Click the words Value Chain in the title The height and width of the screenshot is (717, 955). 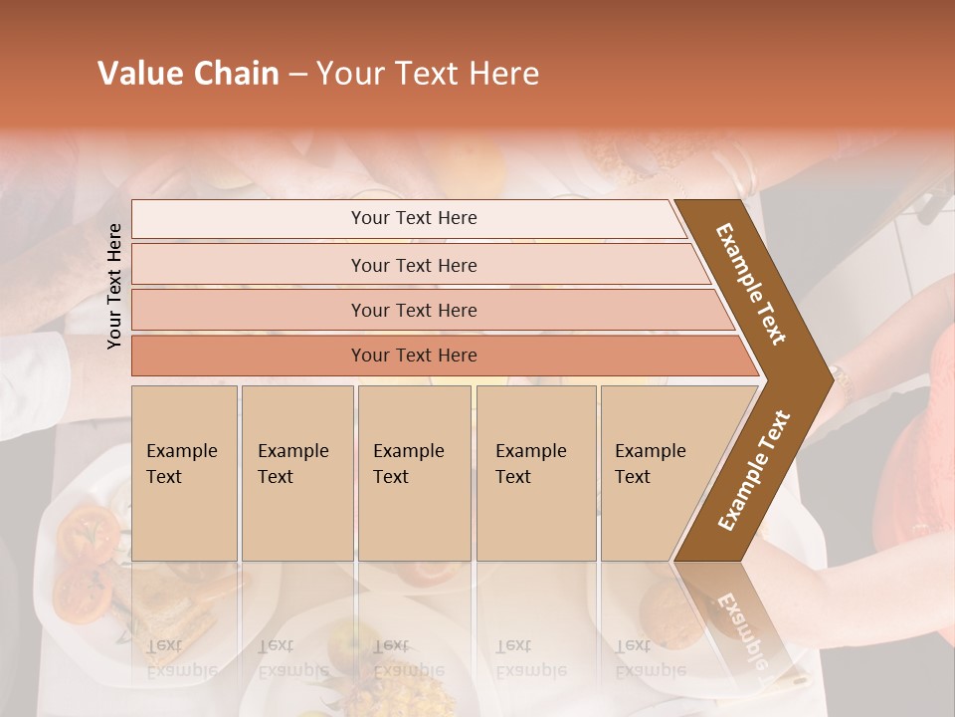188,74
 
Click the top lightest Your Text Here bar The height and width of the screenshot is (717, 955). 413,218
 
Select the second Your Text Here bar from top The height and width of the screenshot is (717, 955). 413,265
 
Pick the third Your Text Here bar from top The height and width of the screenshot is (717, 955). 413,310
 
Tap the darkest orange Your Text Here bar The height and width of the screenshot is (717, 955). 413,355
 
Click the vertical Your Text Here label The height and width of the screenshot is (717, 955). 114,286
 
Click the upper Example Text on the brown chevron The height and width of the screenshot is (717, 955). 752,284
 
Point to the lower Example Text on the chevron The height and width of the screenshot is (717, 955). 753,470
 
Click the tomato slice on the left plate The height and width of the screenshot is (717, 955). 85,533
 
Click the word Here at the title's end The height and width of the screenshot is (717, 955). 503,74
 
